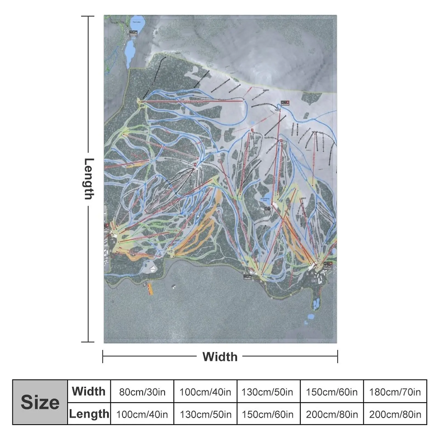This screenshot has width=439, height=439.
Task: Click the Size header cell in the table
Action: pyautogui.click(x=40, y=402)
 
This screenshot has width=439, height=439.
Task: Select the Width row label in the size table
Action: pyautogui.click(x=89, y=391)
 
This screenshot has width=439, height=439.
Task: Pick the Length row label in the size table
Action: pyautogui.click(x=89, y=414)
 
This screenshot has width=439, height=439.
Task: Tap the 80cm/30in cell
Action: pyautogui.click(x=142, y=392)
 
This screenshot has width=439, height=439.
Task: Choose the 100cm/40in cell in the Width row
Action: pyautogui.click(x=205, y=392)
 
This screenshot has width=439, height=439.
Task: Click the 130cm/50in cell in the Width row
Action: pyautogui.click(x=267, y=392)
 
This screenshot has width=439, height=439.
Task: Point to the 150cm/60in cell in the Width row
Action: pyautogui.click(x=332, y=392)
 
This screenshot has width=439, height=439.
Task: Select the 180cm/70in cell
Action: pyautogui.click(x=395, y=392)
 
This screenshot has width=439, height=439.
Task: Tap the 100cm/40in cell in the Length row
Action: pyautogui.click(x=142, y=414)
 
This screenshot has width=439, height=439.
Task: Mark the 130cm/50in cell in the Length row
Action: pyautogui.click(x=205, y=414)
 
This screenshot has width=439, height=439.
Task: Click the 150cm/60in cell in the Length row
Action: pyautogui.click(x=267, y=414)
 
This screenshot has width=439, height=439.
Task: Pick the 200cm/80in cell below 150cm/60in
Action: pyautogui.click(x=332, y=414)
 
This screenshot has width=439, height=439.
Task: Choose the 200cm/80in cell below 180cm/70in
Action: pyautogui.click(x=395, y=414)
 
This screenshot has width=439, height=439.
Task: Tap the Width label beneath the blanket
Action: pyautogui.click(x=220, y=357)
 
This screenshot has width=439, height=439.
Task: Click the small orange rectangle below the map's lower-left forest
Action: pyautogui.click(x=150, y=289)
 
